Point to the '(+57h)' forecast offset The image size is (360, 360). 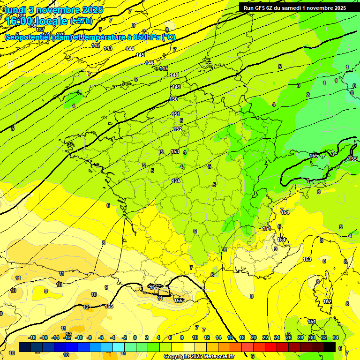pyautogui.click(x=81, y=21)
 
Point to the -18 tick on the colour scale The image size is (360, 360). pyautogui.click(x=32, y=337)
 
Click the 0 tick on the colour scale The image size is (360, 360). pyautogui.click(x=135, y=337)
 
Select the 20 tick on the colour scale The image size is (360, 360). pyautogui.click(x=253, y=337)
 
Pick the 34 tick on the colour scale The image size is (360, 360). pyautogui.click(x=336, y=337)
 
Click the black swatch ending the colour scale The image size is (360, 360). pyautogui.click(x=330, y=347)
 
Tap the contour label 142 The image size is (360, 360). pyautogui.click(x=96, y=45)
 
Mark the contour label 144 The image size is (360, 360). pyautogui.click(x=130, y=49)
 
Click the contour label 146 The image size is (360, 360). pyautogui.click(x=150, y=63)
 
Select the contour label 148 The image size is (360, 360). pyautogui.click(x=174, y=75)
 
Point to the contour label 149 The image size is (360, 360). pyautogui.click(x=176, y=87)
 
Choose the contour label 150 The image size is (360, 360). pyautogui.click(x=173, y=99)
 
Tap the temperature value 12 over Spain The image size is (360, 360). pyautogui.click(x=86, y=307)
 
